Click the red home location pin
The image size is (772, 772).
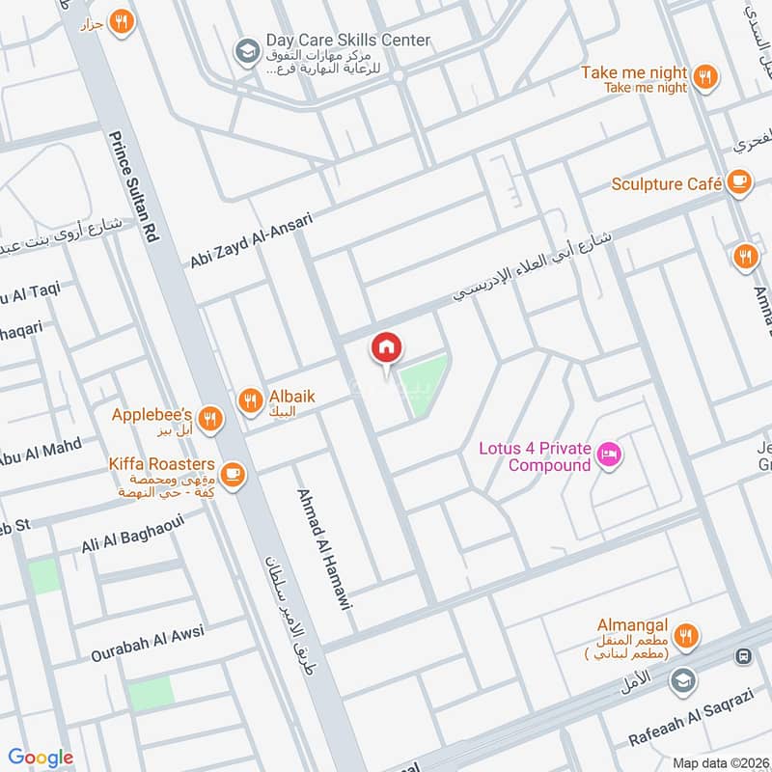(387, 348)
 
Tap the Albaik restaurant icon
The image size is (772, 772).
(251, 400)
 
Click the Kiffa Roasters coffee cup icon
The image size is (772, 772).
(232, 473)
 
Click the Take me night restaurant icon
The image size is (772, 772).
(705, 76)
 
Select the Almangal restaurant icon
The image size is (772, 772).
(686, 635)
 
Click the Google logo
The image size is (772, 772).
(41, 758)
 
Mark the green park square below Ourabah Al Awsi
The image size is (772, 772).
(152, 693)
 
